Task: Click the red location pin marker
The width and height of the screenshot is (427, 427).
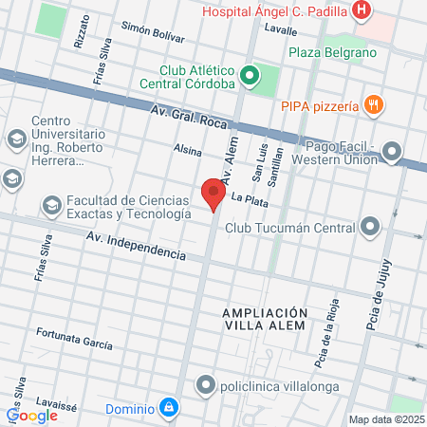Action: (x=213, y=194)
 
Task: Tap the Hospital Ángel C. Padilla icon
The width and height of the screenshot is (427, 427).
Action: (x=361, y=11)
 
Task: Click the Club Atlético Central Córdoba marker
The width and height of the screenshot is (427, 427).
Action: (x=250, y=75)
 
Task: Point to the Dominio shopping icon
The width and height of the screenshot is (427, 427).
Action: (x=168, y=408)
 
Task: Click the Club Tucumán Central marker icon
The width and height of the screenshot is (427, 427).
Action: (x=369, y=227)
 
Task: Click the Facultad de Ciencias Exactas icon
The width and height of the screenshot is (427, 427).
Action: (x=51, y=204)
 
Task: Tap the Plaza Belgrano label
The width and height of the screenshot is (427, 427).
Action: (x=332, y=52)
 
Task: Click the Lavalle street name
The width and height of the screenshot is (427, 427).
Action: (x=281, y=30)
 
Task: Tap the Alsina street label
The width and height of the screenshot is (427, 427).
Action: (x=188, y=150)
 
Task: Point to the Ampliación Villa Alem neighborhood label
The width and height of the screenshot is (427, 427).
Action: (x=265, y=319)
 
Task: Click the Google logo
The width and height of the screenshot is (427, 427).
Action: (x=32, y=415)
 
